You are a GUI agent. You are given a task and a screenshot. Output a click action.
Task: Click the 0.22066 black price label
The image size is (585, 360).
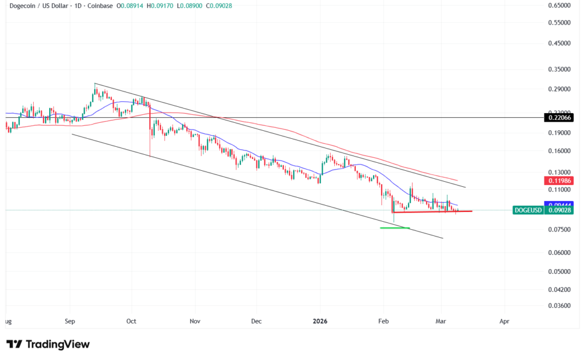pyautogui.click(x=559, y=117)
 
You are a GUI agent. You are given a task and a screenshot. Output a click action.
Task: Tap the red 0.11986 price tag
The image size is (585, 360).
pyautogui.click(x=559, y=180)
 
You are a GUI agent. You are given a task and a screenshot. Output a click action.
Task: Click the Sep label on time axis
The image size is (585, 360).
pyautogui.click(x=70, y=322)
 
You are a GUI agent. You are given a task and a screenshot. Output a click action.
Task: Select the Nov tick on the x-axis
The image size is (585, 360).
pyautogui.click(x=195, y=322)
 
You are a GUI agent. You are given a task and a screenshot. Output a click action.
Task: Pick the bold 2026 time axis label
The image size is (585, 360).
pyautogui.click(x=320, y=322)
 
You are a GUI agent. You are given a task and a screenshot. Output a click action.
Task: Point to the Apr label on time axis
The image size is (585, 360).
pyautogui.click(x=504, y=322)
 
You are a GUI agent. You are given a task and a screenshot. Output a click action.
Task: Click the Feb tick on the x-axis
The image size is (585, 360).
pyautogui.click(x=384, y=322)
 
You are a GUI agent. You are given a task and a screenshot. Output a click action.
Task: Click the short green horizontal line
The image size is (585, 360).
pyautogui.click(x=395, y=227)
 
